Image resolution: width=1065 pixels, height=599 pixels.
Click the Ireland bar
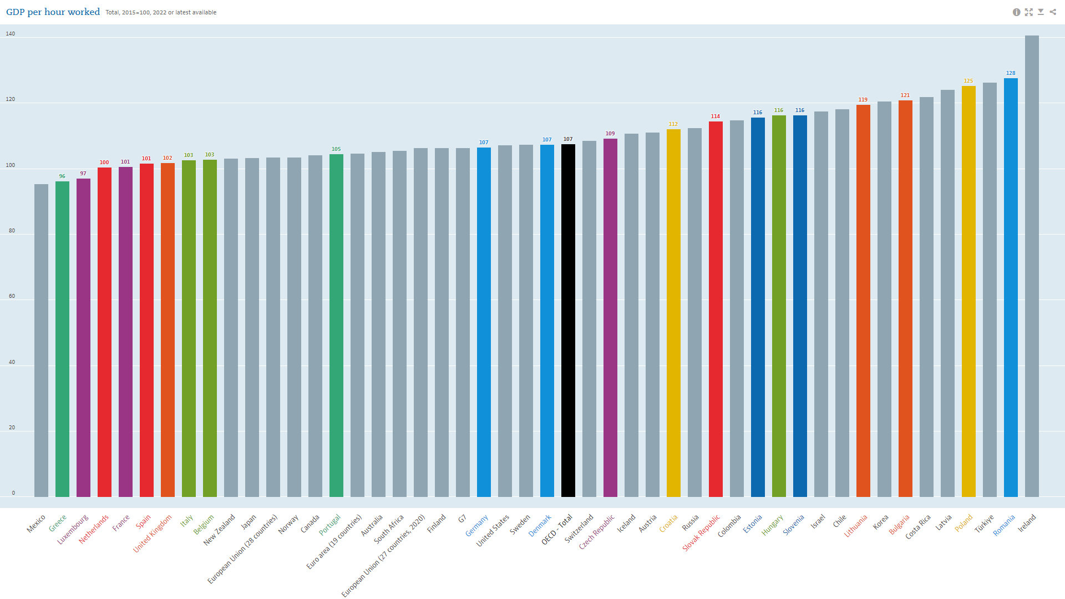tap(1032, 266)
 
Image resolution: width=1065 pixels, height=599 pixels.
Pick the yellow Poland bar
tap(968, 291)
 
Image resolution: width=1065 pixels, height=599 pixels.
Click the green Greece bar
tap(62, 339)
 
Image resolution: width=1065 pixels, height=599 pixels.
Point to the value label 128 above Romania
tap(1011, 73)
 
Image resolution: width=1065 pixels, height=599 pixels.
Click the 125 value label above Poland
tap(968, 81)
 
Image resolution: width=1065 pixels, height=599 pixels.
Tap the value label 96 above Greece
tap(62, 176)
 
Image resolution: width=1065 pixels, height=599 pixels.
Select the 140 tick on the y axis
tap(11, 34)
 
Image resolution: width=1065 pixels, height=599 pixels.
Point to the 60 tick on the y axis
tap(12, 296)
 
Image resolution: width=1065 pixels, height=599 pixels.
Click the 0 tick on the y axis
tap(13, 493)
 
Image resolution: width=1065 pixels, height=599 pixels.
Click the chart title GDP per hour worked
tap(53, 12)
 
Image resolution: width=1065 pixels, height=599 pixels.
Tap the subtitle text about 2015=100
tap(161, 12)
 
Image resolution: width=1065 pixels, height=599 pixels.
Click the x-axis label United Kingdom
tap(153, 534)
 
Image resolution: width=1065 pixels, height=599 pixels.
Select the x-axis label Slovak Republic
tap(701, 533)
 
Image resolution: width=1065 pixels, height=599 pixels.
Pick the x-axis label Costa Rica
tap(918, 527)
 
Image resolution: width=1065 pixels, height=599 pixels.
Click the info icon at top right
tap(1016, 12)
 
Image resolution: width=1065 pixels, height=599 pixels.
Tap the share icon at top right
tap(1053, 12)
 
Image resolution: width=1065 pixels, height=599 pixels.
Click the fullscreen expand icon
tap(1028, 12)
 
